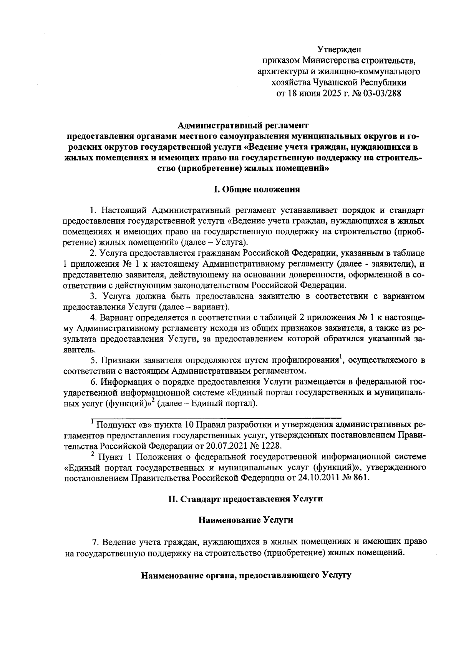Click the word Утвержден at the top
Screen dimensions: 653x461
click(x=339, y=50)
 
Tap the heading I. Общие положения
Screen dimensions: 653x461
click(x=257, y=189)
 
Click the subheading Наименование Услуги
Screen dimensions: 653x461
click(x=245, y=520)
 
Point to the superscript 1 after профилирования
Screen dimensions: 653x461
click(x=340, y=359)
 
